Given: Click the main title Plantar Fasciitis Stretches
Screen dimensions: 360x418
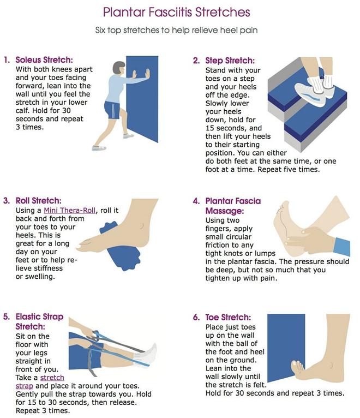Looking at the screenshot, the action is click(176, 12).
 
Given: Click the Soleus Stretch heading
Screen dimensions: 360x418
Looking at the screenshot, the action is click(44, 59).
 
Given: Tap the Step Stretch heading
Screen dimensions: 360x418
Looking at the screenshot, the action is click(230, 61).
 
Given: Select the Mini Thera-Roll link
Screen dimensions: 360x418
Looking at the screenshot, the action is click(70, 210).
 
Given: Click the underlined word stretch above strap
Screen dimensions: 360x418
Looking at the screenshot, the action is click(52, 378).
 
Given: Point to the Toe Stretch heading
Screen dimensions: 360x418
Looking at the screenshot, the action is click(228, 317).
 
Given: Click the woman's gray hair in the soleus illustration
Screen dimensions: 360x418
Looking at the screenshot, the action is click(118, 68).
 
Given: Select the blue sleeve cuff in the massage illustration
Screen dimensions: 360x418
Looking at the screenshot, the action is click(342, 247).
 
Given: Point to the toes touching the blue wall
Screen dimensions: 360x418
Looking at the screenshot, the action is click(297, 367).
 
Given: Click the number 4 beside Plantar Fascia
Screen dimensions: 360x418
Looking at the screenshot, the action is click(196, 201).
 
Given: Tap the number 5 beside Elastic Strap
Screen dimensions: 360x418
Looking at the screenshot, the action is click(7, 317).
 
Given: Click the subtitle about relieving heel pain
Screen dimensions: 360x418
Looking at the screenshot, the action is click(176, 30).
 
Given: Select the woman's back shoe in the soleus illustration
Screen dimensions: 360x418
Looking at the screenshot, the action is click(99, 148).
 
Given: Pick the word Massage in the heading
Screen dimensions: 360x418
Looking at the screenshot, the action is click(225, 211).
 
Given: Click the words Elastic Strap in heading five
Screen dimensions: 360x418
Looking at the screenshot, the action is click(39, 317).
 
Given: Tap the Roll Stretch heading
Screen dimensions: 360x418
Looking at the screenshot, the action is click(38, 200).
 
